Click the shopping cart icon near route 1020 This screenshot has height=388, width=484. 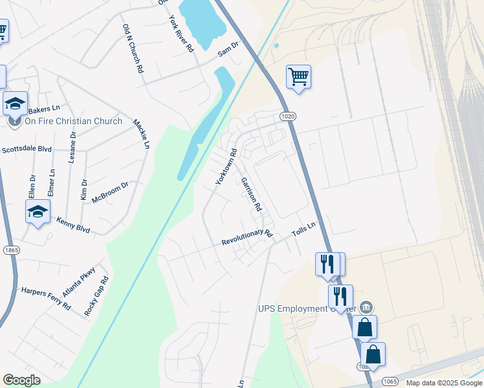pyautogui.click(x=298, y=76)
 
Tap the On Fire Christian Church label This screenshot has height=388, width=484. pyautogui.click(x=73, y=121)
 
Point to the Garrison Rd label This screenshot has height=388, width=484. pyautogui.click(x=251, y=195)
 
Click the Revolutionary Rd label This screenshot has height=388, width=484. pyautogui.click(x=247, y=237)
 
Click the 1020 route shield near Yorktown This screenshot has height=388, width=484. pyautogui.click(x=289, y=116)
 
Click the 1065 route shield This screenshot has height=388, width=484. pyautogui.click(x=390, y=381)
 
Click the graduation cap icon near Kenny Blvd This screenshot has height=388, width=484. pyautogui.click(x=38, y=211)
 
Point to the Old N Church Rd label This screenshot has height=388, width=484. pyautogui.click(x=132, y=48)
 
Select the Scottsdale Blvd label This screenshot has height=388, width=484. pyautogui.click(x=27, y=149)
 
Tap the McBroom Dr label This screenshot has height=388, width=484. pyautogui.click(x=110, y=193)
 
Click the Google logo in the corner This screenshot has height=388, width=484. pyautogui.click(x=21, y=380)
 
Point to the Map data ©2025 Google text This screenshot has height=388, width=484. pyautogui.click(x=444, y=383)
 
